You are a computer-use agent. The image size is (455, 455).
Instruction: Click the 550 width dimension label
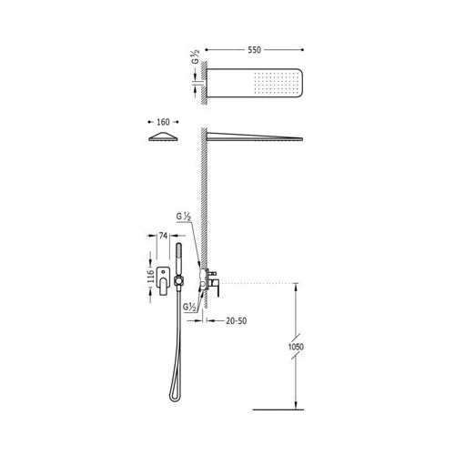tap(254, 50)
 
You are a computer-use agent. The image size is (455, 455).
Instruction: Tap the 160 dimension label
tap(163, 122)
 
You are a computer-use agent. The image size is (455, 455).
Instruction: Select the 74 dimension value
tap(163, 236)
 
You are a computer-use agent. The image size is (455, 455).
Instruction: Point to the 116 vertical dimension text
tap(151, 277)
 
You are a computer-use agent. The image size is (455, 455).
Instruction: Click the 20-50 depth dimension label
tap(237, 320)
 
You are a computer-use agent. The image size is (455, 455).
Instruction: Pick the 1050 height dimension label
tap(296, 347)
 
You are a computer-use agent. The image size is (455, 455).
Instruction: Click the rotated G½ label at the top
tap(196, 56)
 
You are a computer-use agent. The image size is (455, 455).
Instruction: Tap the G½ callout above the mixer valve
tap(184, 217)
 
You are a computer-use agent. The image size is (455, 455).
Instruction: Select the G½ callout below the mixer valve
tap(189, 307)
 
